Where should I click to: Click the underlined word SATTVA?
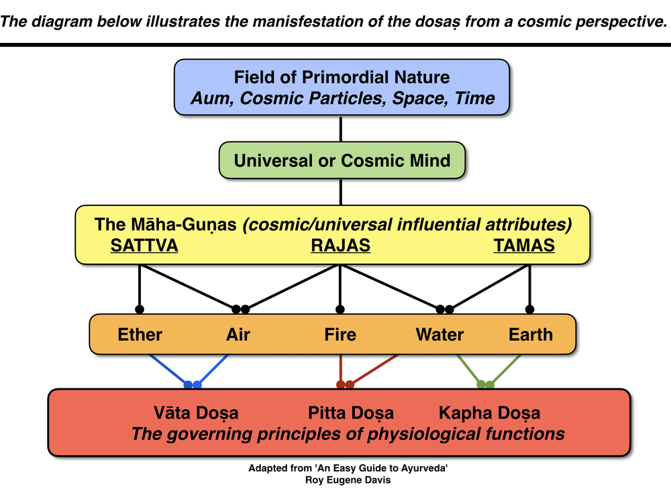[x=144, y=245]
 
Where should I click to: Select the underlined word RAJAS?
[x=340, y=245]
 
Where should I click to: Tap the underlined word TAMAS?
[x=524, y=245]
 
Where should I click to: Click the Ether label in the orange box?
[x=140, y=334]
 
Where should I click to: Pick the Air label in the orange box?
[x=238, y=334]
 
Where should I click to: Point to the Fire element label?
[x=340, y=334]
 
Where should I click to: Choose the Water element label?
[x=440, y=334]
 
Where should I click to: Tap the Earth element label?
[x=531, y=334]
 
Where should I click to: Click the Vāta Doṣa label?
[x=196, y=412]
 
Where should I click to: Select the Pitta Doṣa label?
[x=351, y=412]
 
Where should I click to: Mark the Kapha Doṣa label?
[x=489, y=412]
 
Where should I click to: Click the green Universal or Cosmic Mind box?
[x=342, y=160]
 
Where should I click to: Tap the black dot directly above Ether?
[x=140, y=309]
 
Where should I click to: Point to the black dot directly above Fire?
[x=340, y=309]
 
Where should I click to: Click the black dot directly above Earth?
[x=530, y=309]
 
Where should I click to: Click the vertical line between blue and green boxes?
[x=342, y=129]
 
